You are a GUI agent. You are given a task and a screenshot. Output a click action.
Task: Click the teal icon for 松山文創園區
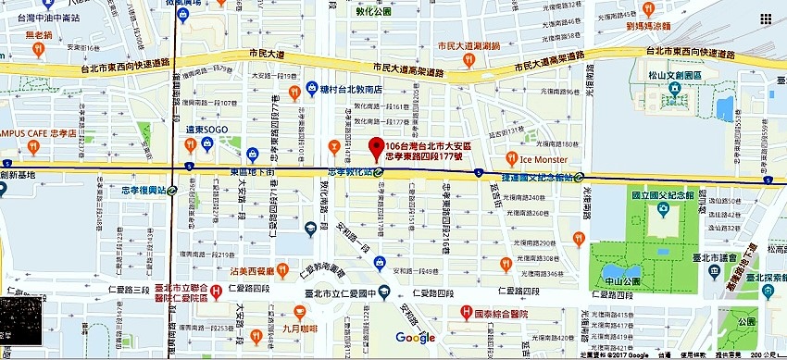(x=675, y=90)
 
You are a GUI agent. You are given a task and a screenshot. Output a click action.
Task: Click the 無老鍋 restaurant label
(x=40, y=34)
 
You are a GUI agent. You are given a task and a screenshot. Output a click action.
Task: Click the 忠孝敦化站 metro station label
(x=349, y=172)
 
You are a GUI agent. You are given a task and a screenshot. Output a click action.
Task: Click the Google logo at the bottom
(x=415, y=338)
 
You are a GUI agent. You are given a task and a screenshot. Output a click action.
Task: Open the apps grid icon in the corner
(x=766, y=19)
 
